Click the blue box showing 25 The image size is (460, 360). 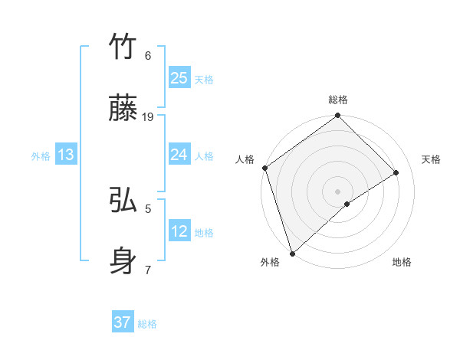(179, 77)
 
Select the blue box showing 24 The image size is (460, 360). (179, 155)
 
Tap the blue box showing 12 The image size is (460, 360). (179, 231)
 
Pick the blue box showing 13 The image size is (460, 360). (66, 155)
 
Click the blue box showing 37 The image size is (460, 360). (123, 322)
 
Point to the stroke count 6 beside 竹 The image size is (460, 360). (148, 55)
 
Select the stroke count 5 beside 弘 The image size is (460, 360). (148, 207)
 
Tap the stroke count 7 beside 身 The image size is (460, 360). (148, 270)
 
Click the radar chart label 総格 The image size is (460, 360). (338, 100)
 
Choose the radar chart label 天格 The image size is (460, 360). (432, 159)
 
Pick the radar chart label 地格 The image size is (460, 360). (402, 262)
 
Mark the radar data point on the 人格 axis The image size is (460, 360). (264, 168)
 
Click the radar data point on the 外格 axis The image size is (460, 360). (292, 253)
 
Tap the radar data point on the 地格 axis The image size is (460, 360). (347, 204)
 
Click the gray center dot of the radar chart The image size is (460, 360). (337, 191)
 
